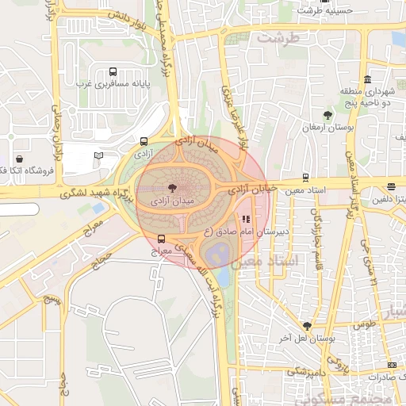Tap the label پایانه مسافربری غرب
(108, 83)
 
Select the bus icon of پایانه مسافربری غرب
(112, 71)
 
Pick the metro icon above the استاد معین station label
(306, 178)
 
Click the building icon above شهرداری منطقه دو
(367, 79)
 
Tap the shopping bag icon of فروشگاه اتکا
(18, 159)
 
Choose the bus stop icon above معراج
(163, 238)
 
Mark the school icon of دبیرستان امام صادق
(245, 219)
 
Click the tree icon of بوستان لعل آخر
(307, 326)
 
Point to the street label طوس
(364, 324)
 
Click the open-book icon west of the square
(98, 155)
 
